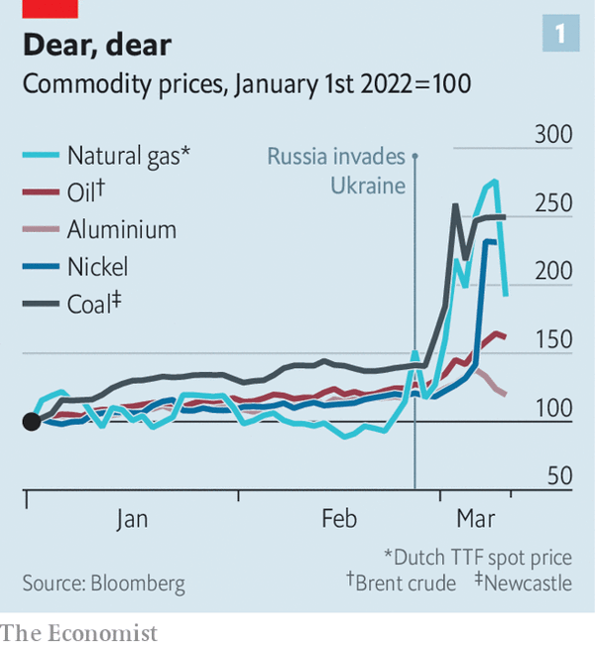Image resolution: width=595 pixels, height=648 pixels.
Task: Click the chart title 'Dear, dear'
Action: [96, 45]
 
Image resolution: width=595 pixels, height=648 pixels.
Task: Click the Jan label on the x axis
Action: [132, 519]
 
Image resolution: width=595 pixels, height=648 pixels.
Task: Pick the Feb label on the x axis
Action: [339, 519]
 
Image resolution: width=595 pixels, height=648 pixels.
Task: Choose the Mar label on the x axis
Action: [477, 519]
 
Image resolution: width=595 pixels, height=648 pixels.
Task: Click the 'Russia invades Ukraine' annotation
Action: [336, 172]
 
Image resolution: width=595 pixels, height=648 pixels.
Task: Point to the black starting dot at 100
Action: [31, 422]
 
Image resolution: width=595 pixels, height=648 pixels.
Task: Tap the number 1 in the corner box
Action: [560, 36]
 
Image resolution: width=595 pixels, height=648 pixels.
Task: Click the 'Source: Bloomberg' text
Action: [103, 583]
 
